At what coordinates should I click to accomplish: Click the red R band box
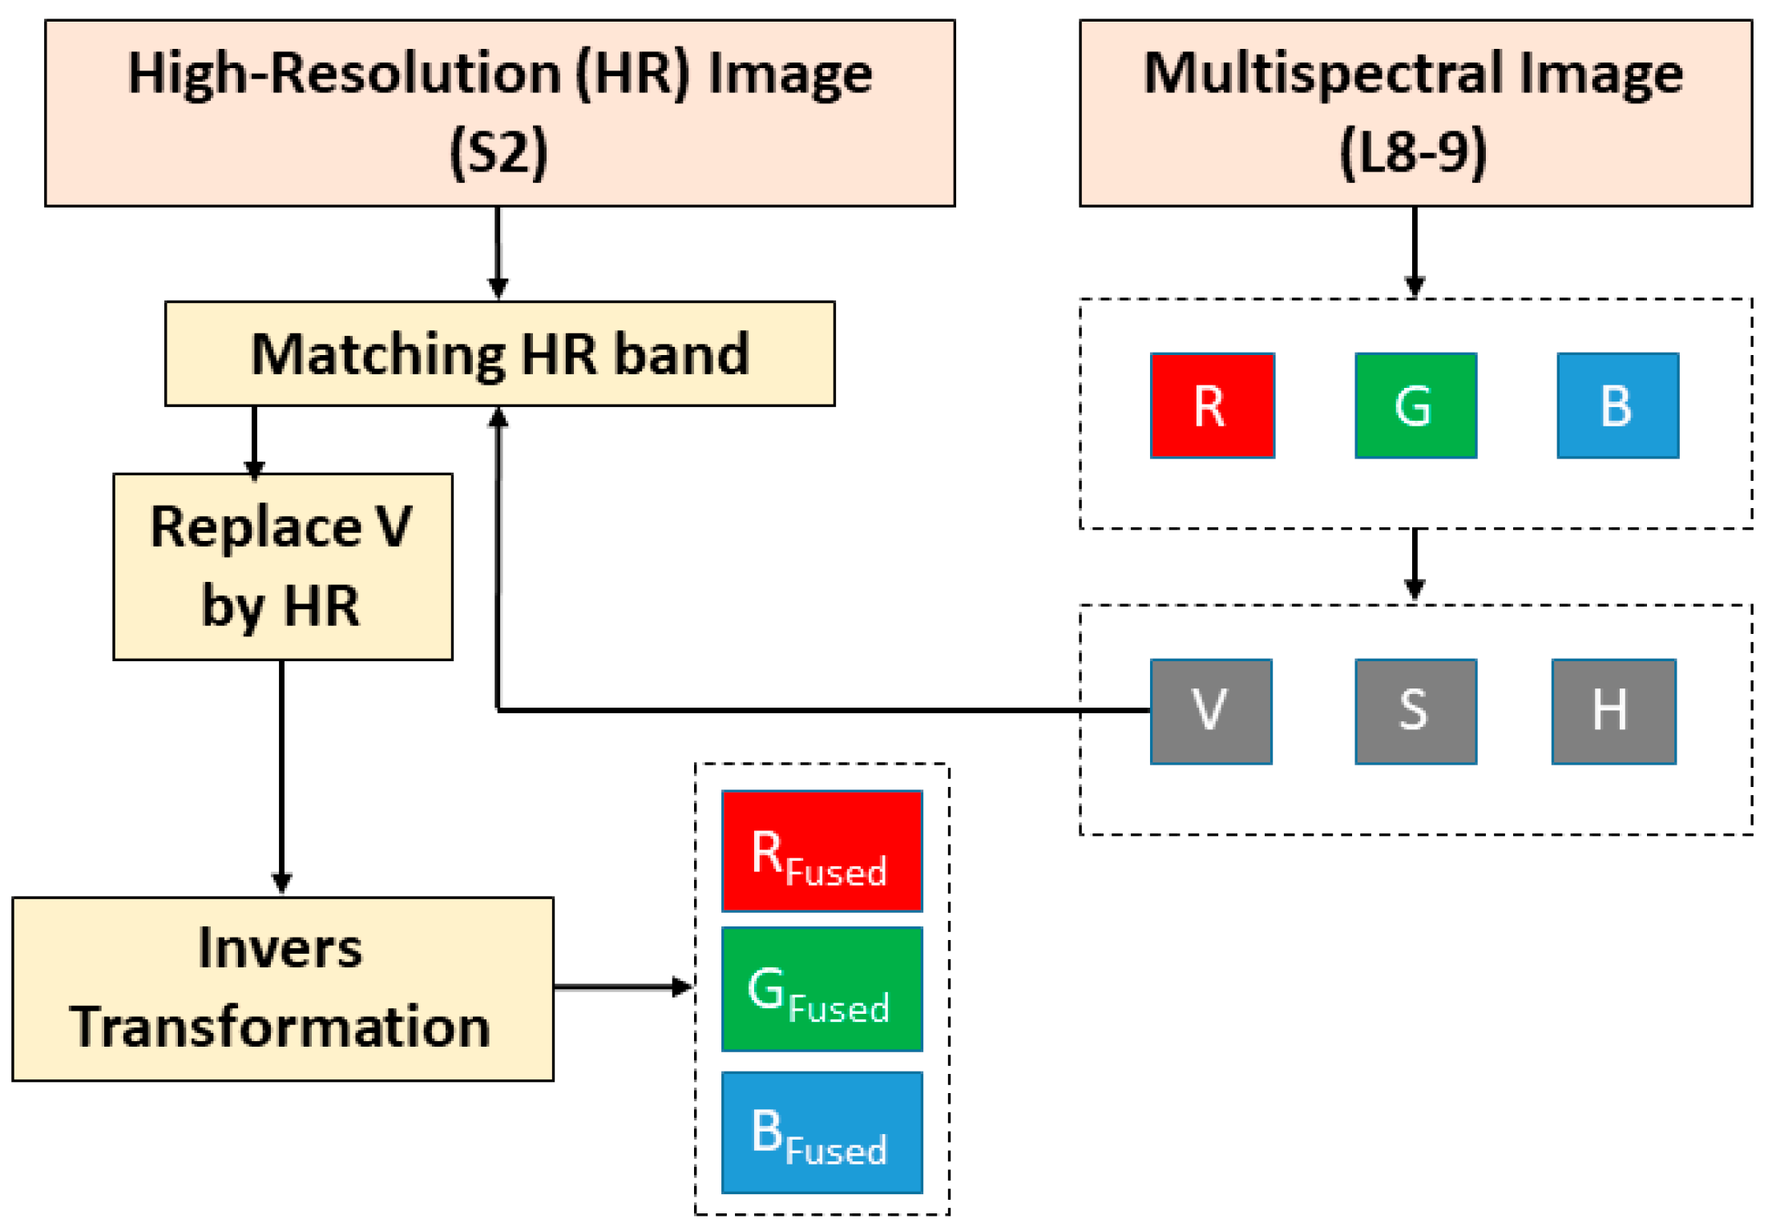point(1212,406)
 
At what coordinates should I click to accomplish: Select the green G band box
point(1415,406)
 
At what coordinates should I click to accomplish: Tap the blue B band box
point(1617,406)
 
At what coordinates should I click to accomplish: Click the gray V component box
point(1210,712)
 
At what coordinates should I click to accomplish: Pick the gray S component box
point(1415,712)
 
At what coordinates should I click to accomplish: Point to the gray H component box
point(1613,712)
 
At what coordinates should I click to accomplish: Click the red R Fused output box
point(821,851)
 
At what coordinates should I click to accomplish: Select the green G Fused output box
point(821,989)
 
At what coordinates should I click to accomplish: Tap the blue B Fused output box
point(821,1132)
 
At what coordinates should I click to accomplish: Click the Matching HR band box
point(499,353)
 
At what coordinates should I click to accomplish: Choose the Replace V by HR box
point(282,567)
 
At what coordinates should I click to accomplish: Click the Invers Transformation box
point(282,989)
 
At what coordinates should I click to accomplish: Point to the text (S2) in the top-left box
point(499,152)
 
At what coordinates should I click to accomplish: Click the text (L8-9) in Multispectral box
point(1413,152)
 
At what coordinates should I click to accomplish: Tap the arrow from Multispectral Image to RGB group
point(1415,252)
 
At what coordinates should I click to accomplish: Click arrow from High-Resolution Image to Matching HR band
point(498,252)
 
